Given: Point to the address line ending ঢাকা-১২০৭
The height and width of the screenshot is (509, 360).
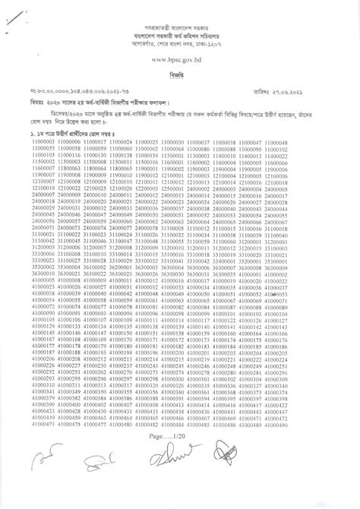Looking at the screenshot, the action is pyautogui.click(x=180, y=44).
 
